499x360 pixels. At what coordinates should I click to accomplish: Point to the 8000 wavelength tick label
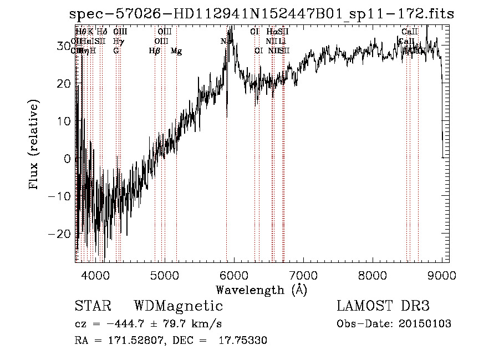(x=373, y=275)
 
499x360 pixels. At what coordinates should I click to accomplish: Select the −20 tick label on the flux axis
(x=60, y=234)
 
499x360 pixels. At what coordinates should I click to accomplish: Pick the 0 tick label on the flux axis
(x=68, y=158)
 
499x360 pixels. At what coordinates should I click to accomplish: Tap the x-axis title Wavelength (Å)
(x=261, y=290)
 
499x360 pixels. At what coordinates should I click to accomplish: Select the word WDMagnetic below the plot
(x=178, y=306)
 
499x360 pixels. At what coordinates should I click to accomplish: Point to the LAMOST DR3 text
(x=383, y=306)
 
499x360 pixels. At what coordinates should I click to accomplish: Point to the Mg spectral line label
(x=176, y=51)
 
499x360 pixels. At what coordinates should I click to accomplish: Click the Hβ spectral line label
(x=154, y=51)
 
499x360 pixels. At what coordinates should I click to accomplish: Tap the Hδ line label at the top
(x=101, y=32)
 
